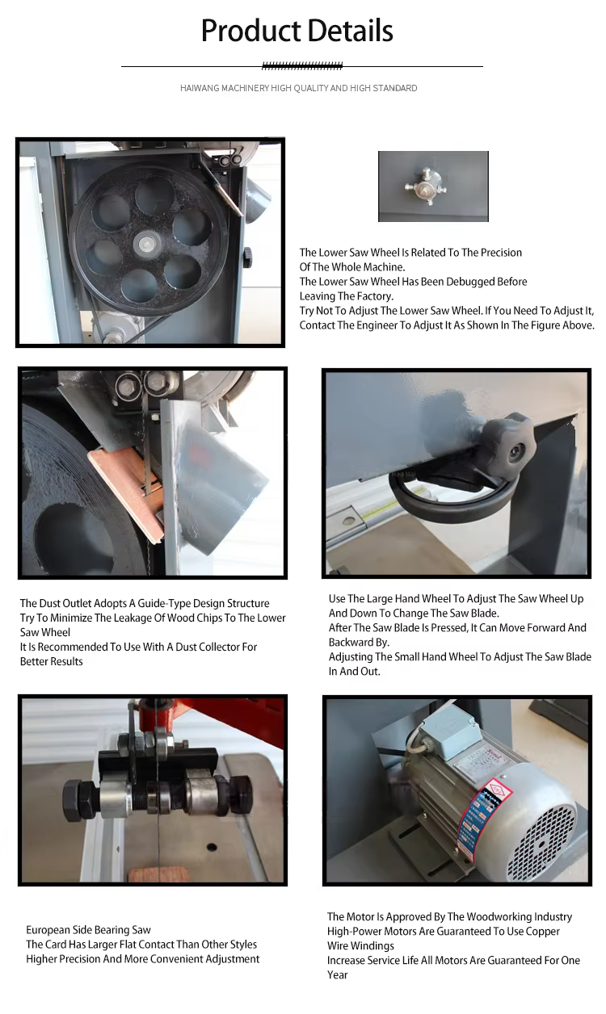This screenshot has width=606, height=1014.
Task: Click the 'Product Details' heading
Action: coord(297,31)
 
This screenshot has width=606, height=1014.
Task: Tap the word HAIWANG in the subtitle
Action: coord(200,88)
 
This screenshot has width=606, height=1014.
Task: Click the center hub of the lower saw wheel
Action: coord(145,245)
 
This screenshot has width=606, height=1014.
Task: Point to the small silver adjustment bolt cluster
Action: coord(426,186)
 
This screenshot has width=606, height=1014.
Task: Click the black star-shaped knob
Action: coord(511,446)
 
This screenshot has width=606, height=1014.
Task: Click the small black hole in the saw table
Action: coord(211,845)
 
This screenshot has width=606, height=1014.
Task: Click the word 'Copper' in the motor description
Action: coord(543,931)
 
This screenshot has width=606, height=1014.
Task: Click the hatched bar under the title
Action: coord(302,66)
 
